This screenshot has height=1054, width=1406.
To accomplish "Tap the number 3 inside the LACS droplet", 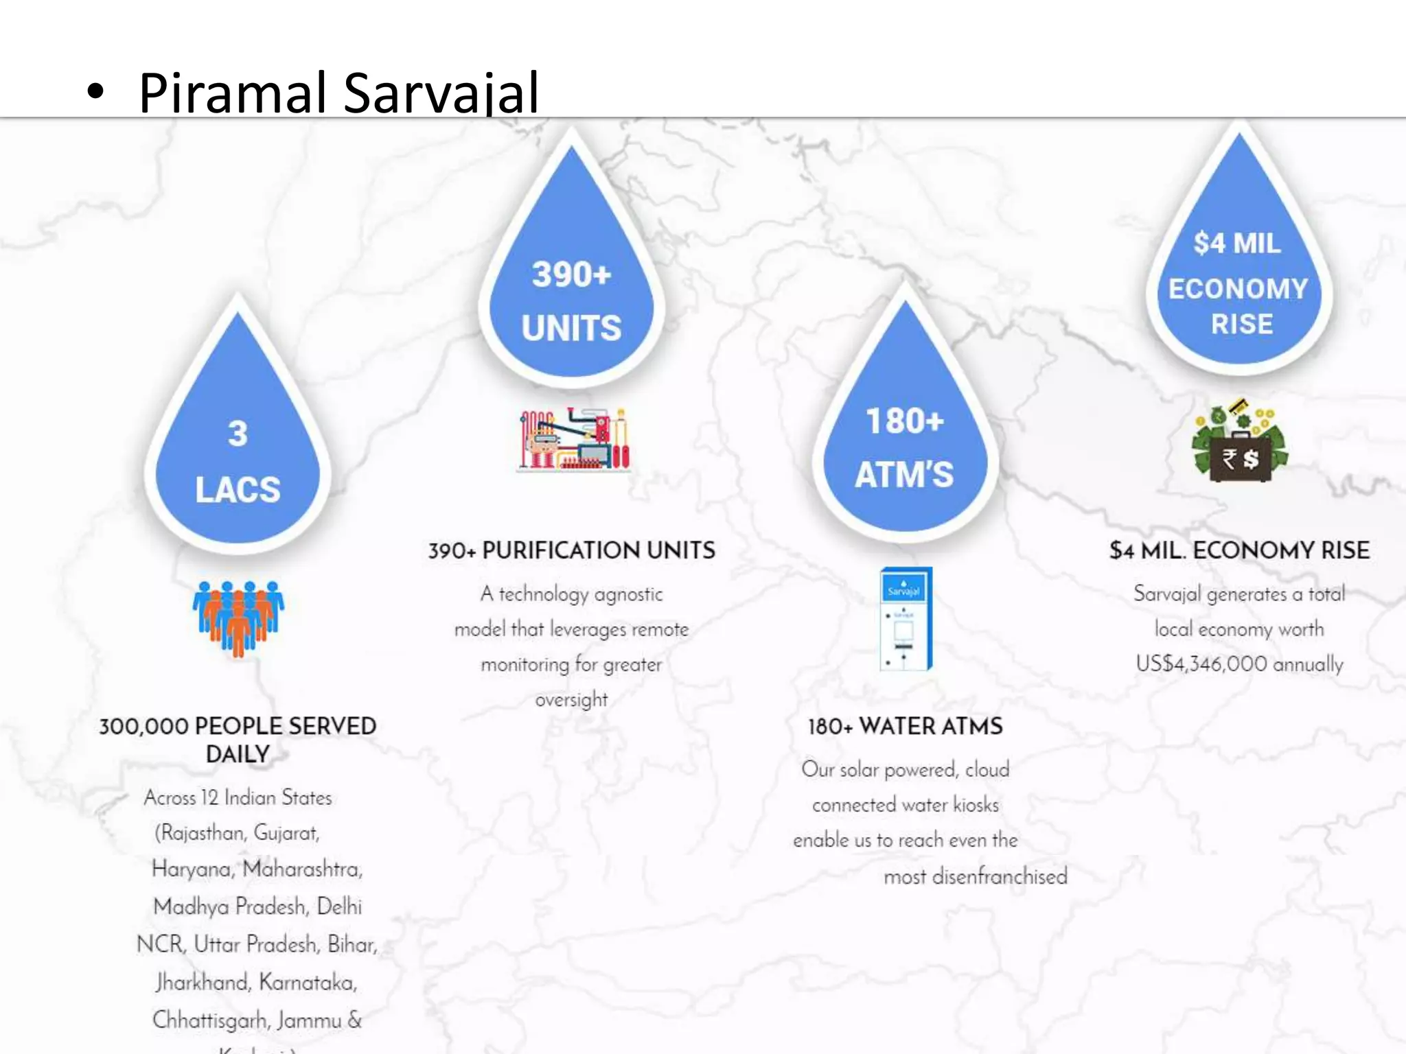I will (x=238, y=434).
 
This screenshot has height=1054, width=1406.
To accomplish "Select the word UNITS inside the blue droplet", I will (x=571, y=328).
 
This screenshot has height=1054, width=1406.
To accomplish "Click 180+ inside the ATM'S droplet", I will (x=905, y=421).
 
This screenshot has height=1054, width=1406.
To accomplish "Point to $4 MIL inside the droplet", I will (x=1237, y=243).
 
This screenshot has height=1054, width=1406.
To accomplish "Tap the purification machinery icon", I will (x=574, y=439).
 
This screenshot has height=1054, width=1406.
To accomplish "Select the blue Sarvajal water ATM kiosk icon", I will (x=906, y=618).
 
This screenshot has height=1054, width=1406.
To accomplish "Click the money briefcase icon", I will (x=1240, y=443).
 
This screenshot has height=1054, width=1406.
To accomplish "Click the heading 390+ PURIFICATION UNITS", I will (x=571, y=550).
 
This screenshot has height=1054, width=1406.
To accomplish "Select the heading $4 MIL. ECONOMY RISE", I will (x=1239, y=550).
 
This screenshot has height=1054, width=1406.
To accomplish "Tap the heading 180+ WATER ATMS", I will (x=905, y=726).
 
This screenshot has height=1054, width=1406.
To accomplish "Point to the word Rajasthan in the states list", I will (x=203, y=833).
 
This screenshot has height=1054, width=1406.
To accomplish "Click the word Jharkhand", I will (x=203, y=982).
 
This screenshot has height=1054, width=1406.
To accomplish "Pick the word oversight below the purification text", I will (x=571, y=700).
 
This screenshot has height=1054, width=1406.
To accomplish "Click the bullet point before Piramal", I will (x=95, y=93).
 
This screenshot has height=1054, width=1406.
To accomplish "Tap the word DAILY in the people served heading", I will (x=238, y=754).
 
